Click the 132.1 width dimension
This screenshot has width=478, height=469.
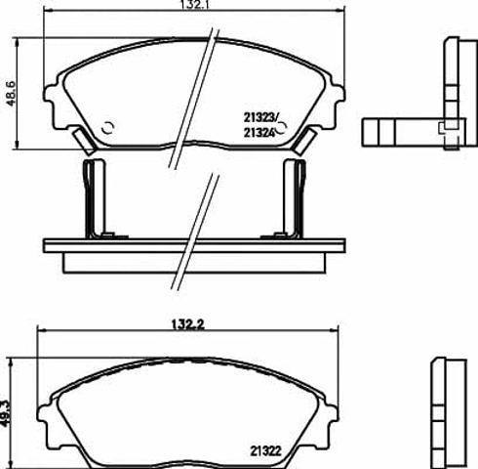tap(193, 5)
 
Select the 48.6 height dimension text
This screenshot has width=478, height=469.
tap(11, 93)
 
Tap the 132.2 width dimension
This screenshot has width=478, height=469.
tap(187, 324)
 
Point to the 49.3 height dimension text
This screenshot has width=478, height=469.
tap(5, 412)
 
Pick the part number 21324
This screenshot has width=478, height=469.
tap(259, 133)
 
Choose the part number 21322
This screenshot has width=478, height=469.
tap(265, 451)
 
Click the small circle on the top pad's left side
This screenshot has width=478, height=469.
tap(107, 128)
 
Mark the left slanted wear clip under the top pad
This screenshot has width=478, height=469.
tap(84, 141)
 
